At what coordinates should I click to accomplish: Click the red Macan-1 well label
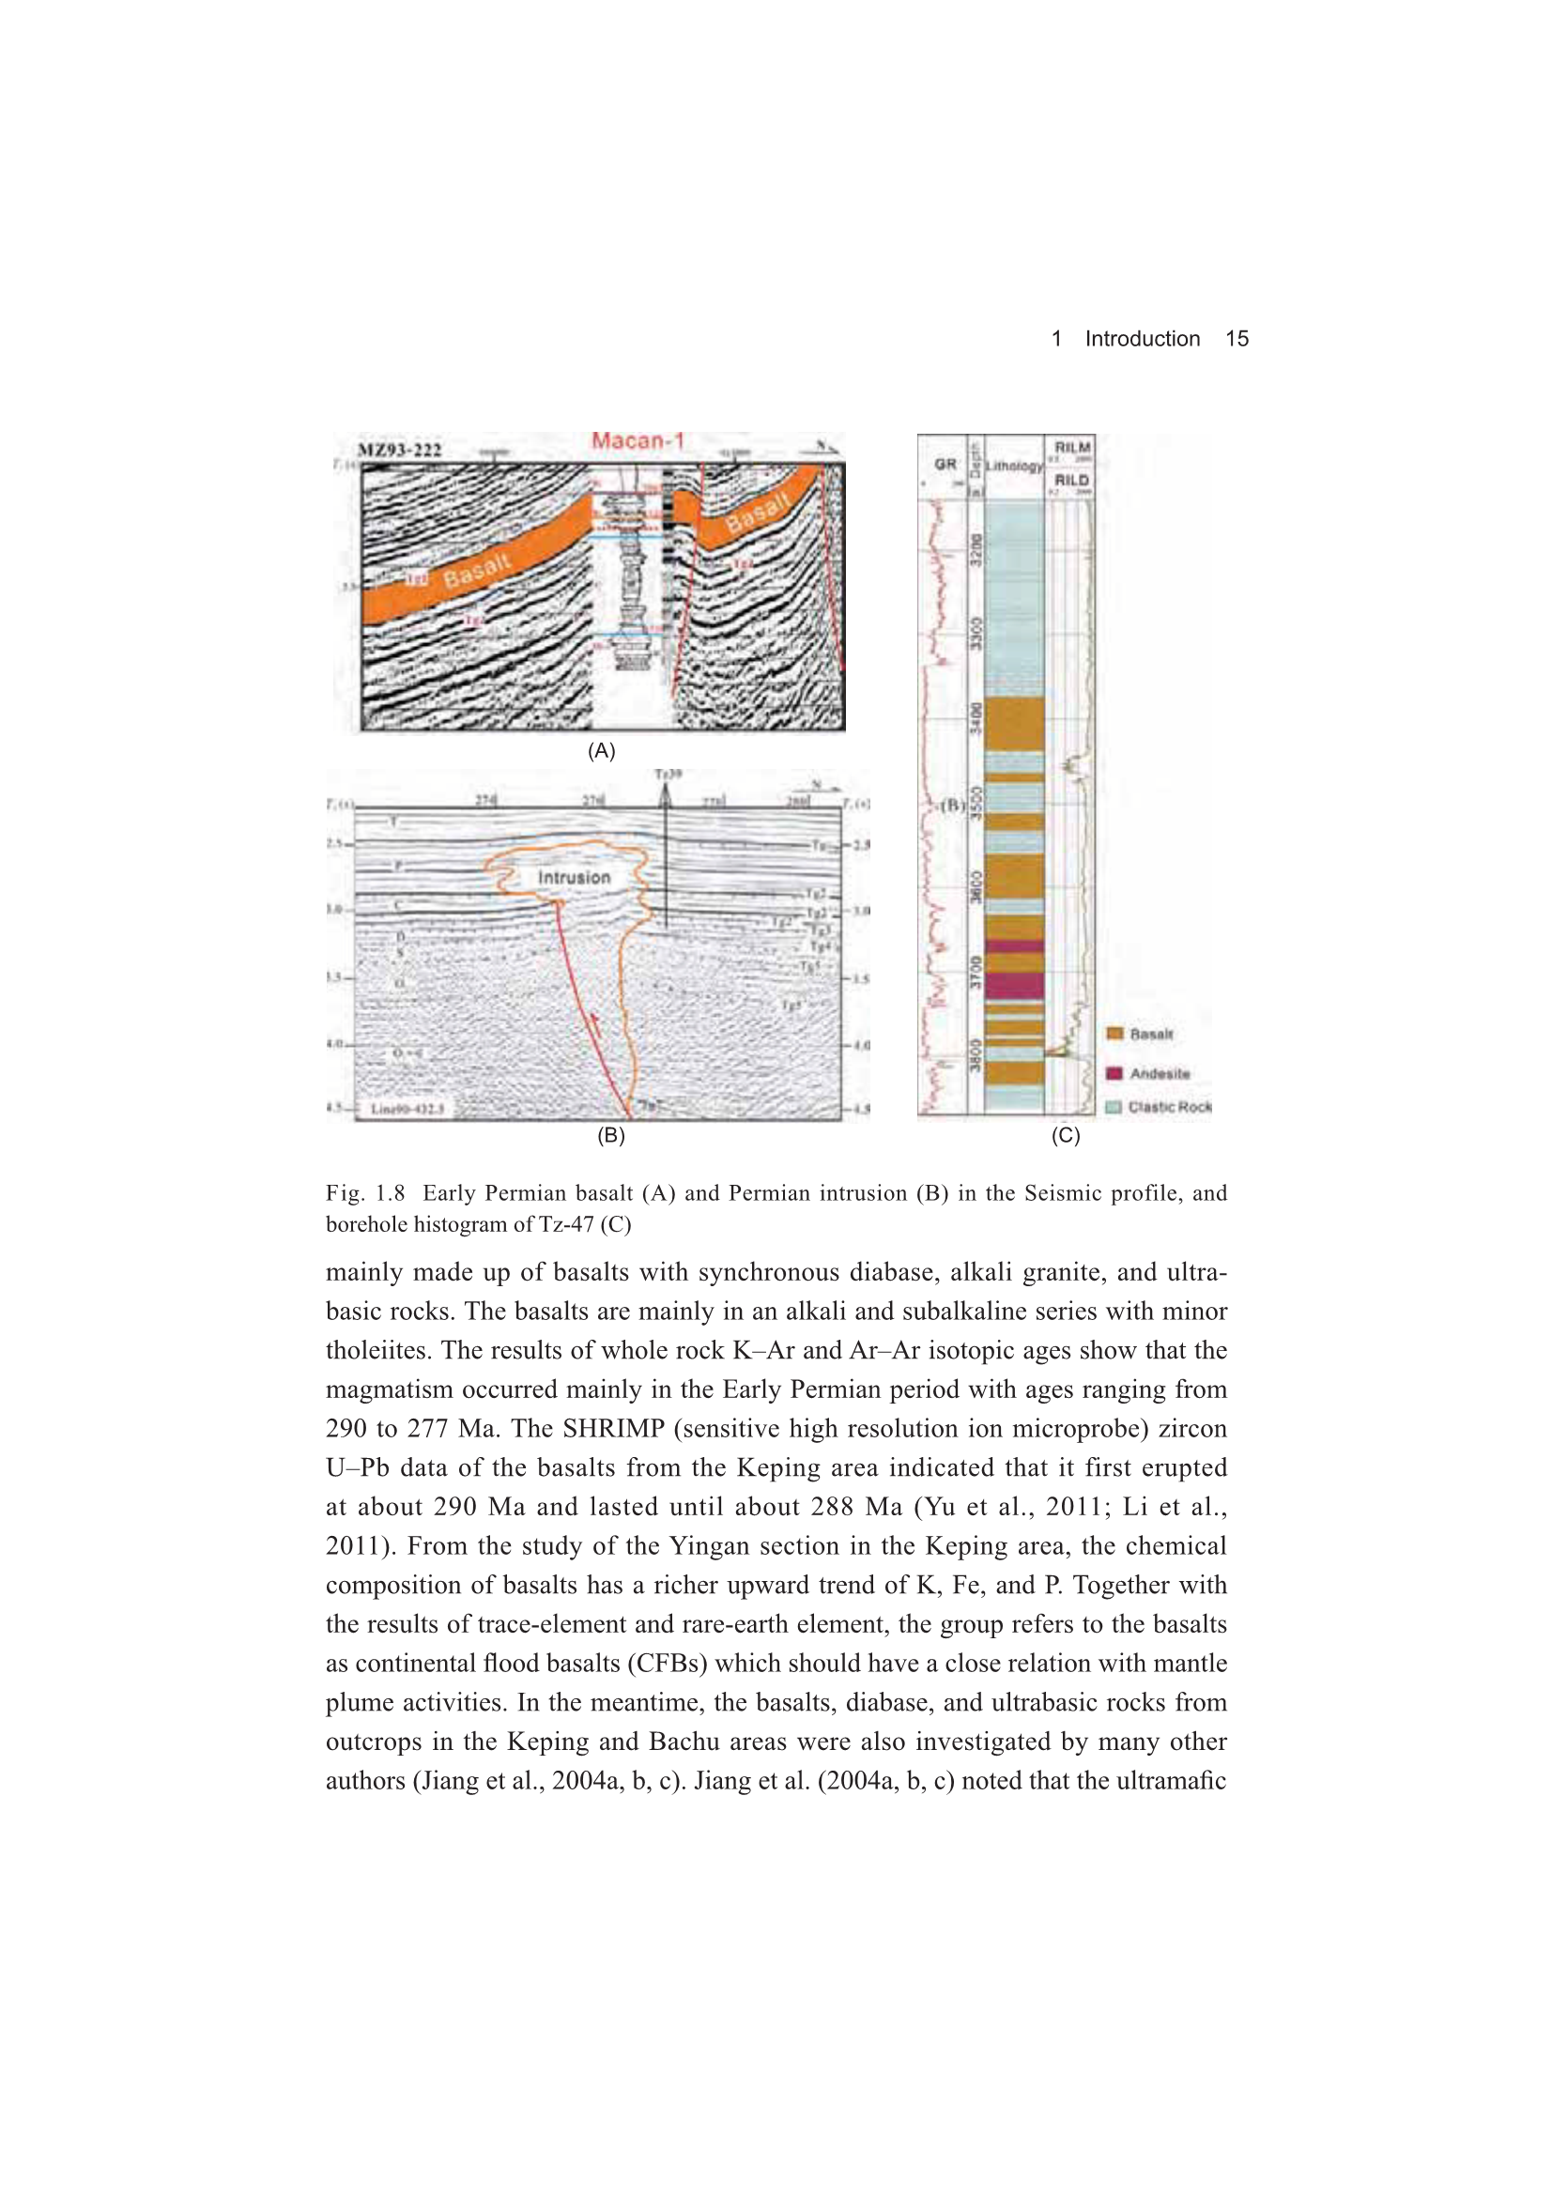tap(638, 440)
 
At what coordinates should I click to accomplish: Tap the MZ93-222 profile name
tap(400, 451)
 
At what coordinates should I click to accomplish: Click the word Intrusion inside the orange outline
tap(574, 878)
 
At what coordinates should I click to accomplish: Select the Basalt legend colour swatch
tap(1114, 1034)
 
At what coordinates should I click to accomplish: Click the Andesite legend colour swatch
tap(1114, 1074)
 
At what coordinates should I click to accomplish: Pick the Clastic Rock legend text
tap(1170, 1107)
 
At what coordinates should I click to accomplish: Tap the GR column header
tap(945, 464)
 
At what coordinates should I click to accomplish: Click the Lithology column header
tap(1014, 466)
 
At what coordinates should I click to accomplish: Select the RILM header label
tap(1072, 448)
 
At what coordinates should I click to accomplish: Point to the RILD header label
tap(1072, 480)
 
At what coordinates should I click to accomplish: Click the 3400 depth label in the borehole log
tap(976, 718)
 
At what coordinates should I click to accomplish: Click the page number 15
tap(1237, 338)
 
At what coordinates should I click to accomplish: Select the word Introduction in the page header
tap(1142, 338)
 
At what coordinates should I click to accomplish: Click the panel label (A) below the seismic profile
tap(602, 750)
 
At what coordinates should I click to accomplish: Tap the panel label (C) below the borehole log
tap(1066, 1136)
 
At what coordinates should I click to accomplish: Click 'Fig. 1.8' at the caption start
tap(365, 1193)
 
